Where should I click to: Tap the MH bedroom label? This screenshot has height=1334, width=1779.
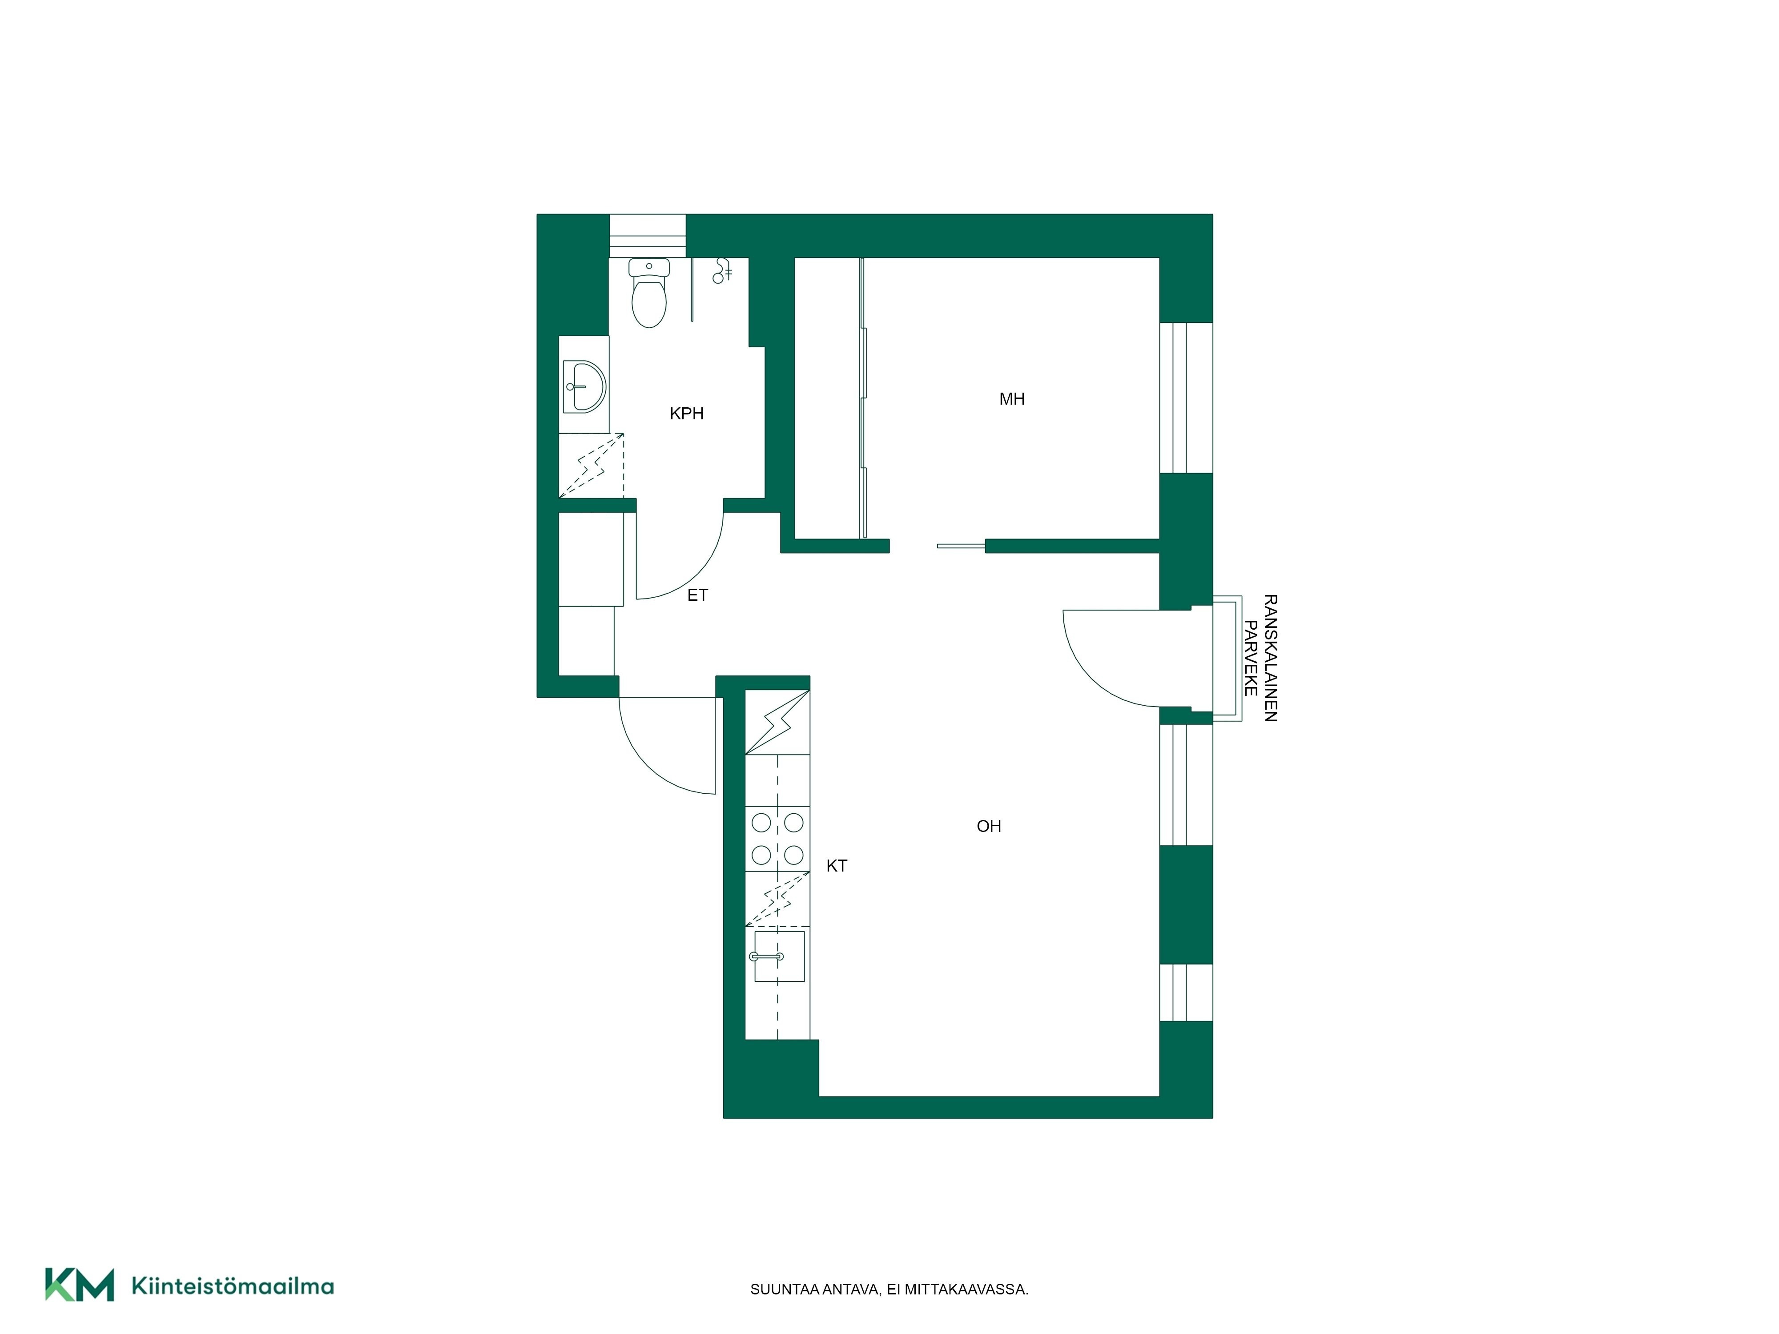click(1012, 399)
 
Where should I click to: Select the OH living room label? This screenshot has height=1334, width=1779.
click(988, 826)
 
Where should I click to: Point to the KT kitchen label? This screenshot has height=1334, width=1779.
click(837, 865)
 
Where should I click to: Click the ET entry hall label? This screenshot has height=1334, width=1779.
click(697, 595)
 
